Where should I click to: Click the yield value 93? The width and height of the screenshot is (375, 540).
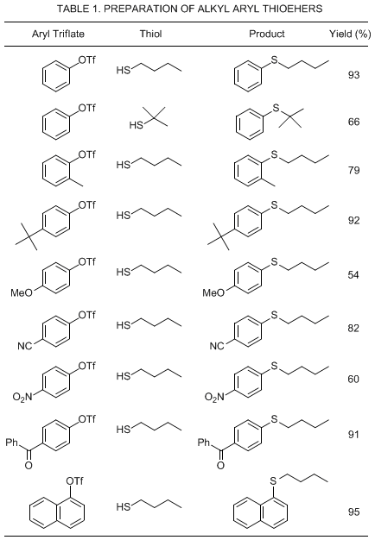point(353,75)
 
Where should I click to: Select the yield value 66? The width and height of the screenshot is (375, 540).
point(353,122)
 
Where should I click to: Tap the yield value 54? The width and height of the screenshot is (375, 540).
point(353,275)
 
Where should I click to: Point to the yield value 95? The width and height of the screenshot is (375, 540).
point(353,512)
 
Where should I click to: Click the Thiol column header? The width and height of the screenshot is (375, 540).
point(150,34)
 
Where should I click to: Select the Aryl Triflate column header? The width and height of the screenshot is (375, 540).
point(58,35)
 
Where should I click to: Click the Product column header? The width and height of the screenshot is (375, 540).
point(267,34)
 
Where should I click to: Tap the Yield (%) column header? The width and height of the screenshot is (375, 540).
point(350,35)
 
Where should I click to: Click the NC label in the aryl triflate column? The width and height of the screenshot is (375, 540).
point(24,346)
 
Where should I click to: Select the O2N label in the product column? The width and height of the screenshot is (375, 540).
point(214,397)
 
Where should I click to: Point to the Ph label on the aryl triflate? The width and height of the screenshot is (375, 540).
point(12,442)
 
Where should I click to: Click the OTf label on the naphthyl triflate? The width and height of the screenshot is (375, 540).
point(74,480)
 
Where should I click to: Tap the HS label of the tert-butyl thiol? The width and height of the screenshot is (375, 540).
point(137,125)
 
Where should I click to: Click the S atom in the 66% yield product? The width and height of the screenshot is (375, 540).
point(276,108)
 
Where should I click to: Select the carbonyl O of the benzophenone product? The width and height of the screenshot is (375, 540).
point(220,466)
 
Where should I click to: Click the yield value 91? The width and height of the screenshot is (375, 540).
point(353,435)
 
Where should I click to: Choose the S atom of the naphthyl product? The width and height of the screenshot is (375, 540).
point(273,480)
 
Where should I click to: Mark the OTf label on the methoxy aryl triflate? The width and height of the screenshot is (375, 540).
point(87,262)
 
